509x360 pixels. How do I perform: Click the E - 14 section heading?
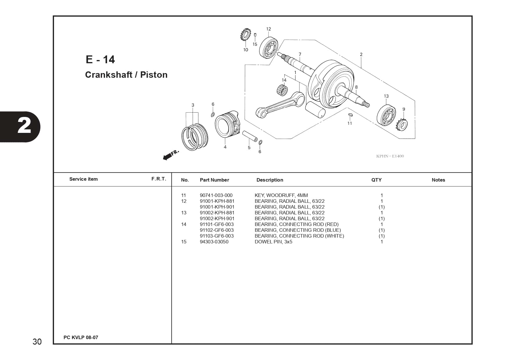(100, 59)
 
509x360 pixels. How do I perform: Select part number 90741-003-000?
(216, 195)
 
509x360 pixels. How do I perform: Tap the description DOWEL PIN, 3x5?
(273, 242)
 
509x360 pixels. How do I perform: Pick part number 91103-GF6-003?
(217, 236)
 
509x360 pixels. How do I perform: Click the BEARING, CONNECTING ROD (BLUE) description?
(298, 230)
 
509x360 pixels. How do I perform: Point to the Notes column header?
(438, 180)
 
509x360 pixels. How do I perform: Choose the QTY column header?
(376, 180)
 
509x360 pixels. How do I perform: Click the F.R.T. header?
(159, 179)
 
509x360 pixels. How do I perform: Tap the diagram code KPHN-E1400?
(390, 156)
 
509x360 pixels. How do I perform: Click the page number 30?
(37, 342)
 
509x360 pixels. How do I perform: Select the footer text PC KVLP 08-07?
(81, 337)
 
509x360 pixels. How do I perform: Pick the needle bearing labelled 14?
(282, 89)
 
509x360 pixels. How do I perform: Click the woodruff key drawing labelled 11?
(350, 115)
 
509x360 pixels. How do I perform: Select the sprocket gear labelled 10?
(246, 35)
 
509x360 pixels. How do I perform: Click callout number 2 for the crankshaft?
(361, 54)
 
